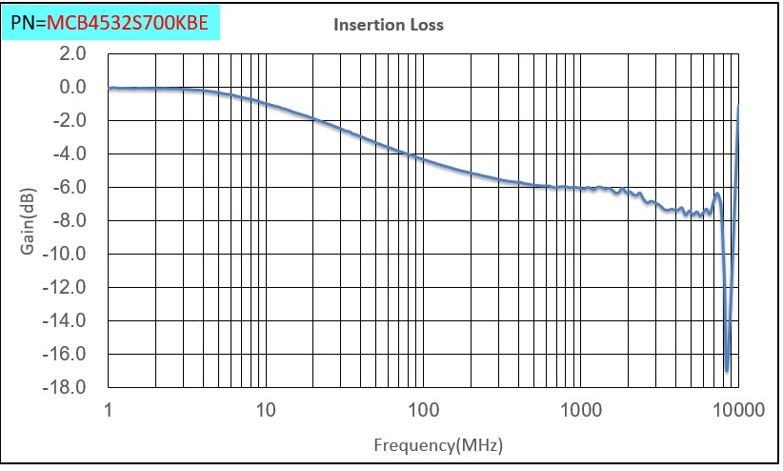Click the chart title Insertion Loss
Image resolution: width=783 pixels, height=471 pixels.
388,26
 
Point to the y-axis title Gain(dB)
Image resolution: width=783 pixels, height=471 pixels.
30,221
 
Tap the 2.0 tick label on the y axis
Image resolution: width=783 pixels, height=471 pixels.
73,54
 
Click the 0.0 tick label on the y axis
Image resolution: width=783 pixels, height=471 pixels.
73,88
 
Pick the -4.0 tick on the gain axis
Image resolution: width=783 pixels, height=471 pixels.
70,154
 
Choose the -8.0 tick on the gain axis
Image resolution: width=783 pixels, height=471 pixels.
70,221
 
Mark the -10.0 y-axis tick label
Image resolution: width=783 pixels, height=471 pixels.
68,255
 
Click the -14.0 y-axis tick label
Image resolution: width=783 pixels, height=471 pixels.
68,321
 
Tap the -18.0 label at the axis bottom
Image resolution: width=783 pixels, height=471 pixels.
68,388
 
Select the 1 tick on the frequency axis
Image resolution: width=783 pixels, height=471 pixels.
109,411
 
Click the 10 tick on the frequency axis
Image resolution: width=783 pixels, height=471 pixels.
266,411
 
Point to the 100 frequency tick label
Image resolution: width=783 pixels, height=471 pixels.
423,411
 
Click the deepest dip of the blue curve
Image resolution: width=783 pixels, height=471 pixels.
727,370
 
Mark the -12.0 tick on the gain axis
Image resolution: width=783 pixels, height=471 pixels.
68,288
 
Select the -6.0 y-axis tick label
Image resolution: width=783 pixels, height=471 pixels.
70,188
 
